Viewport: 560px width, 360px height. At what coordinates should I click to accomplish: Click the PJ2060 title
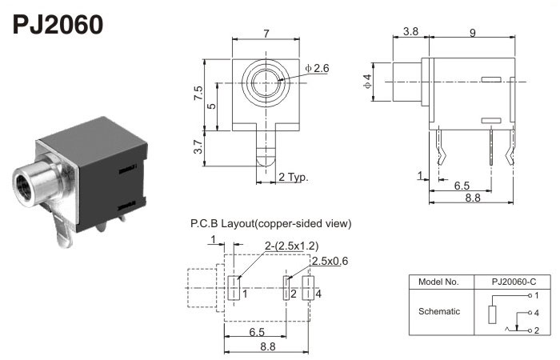(58, 25)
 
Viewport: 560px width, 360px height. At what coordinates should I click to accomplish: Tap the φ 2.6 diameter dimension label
(318, 69)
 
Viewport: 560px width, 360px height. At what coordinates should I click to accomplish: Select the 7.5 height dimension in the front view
(198, 94)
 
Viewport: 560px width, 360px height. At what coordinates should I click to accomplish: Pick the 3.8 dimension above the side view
(411, 32)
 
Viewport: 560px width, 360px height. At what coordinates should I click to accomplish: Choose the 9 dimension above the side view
(474, 32)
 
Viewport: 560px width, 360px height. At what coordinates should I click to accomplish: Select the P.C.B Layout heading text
(270, 223)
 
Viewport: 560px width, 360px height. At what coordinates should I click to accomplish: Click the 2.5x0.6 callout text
(330, 261)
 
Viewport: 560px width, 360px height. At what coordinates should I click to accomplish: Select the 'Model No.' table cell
(438, 282)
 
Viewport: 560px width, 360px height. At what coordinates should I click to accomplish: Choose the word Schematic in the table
(438, 312)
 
